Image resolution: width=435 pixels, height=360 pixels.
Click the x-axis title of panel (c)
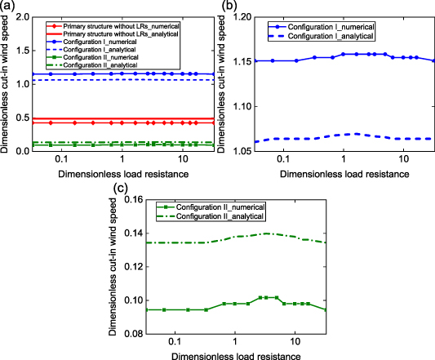(233, 354)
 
